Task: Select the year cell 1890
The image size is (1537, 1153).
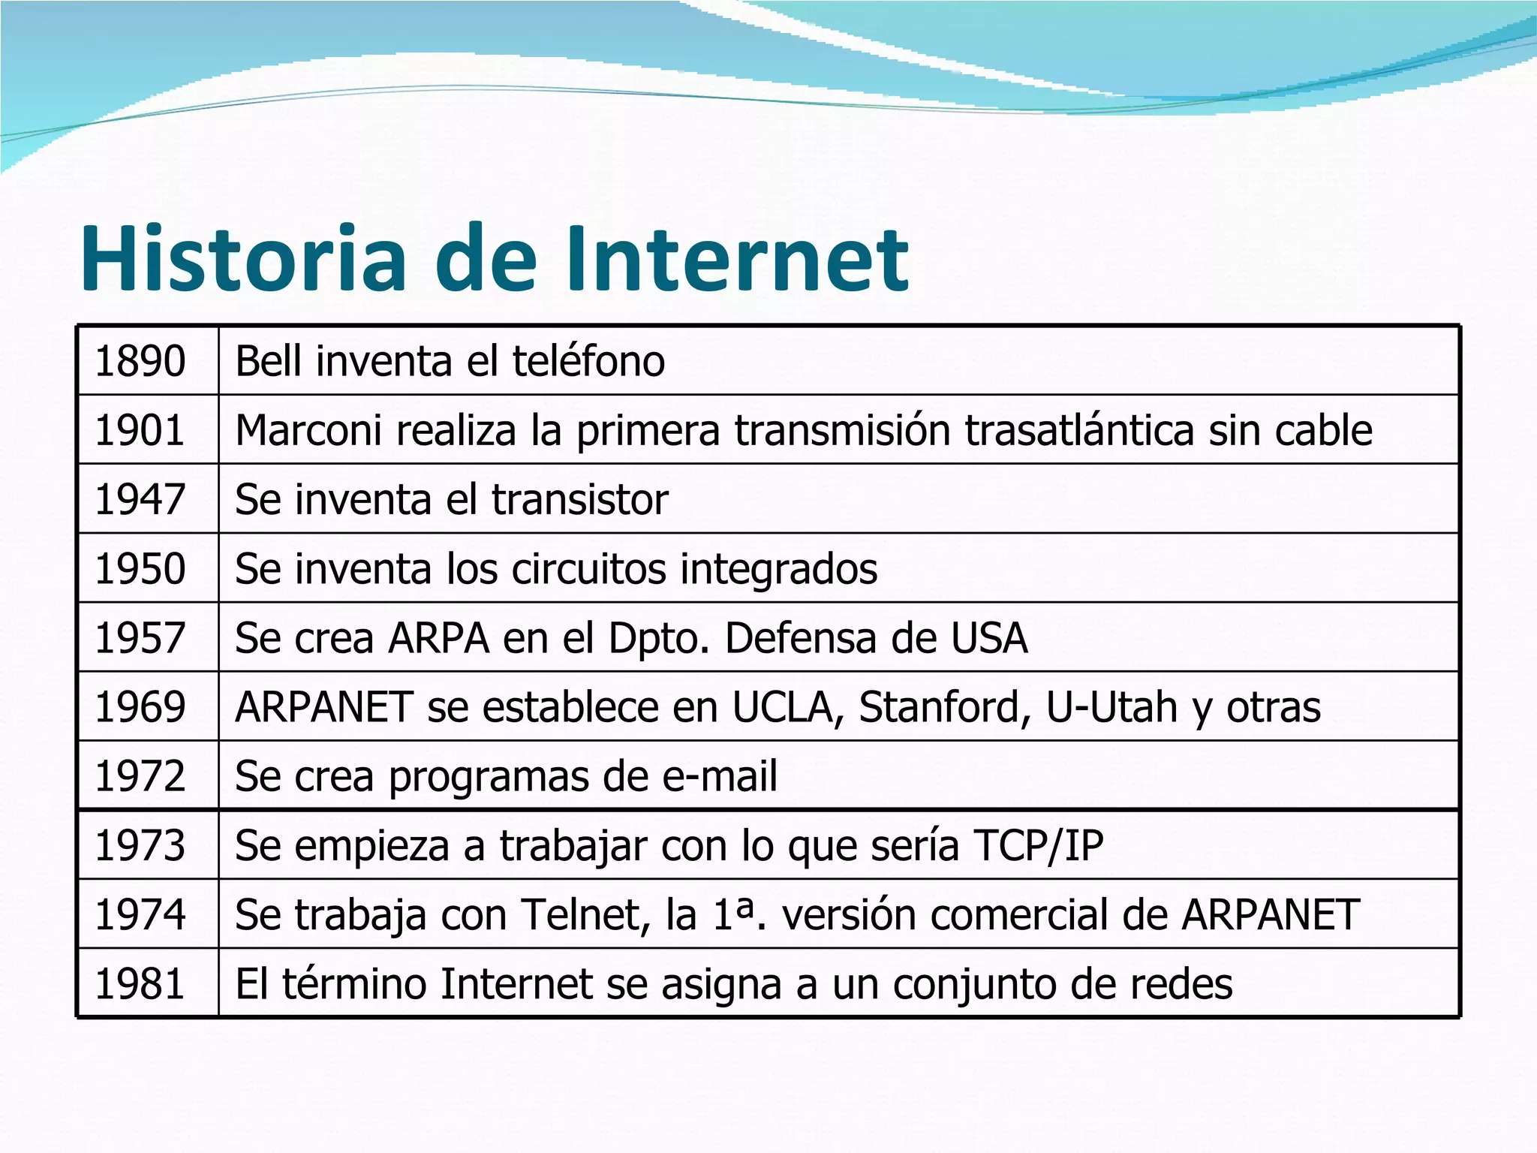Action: point(140,361)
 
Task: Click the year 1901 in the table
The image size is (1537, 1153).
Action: point(140,430)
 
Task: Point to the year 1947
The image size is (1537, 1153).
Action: point(140,499)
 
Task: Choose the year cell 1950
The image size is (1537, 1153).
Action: point(140,568)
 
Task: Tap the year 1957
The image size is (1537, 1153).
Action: point(140,638)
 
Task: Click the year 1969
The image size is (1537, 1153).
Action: point(140,707)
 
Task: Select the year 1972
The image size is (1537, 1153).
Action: point(140,776)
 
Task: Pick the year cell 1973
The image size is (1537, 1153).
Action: point(140,845)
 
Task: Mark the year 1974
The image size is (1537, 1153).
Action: point(140,914)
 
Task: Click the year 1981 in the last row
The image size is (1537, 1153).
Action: point(140,983)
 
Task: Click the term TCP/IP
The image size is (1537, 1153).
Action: point(1039,845)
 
